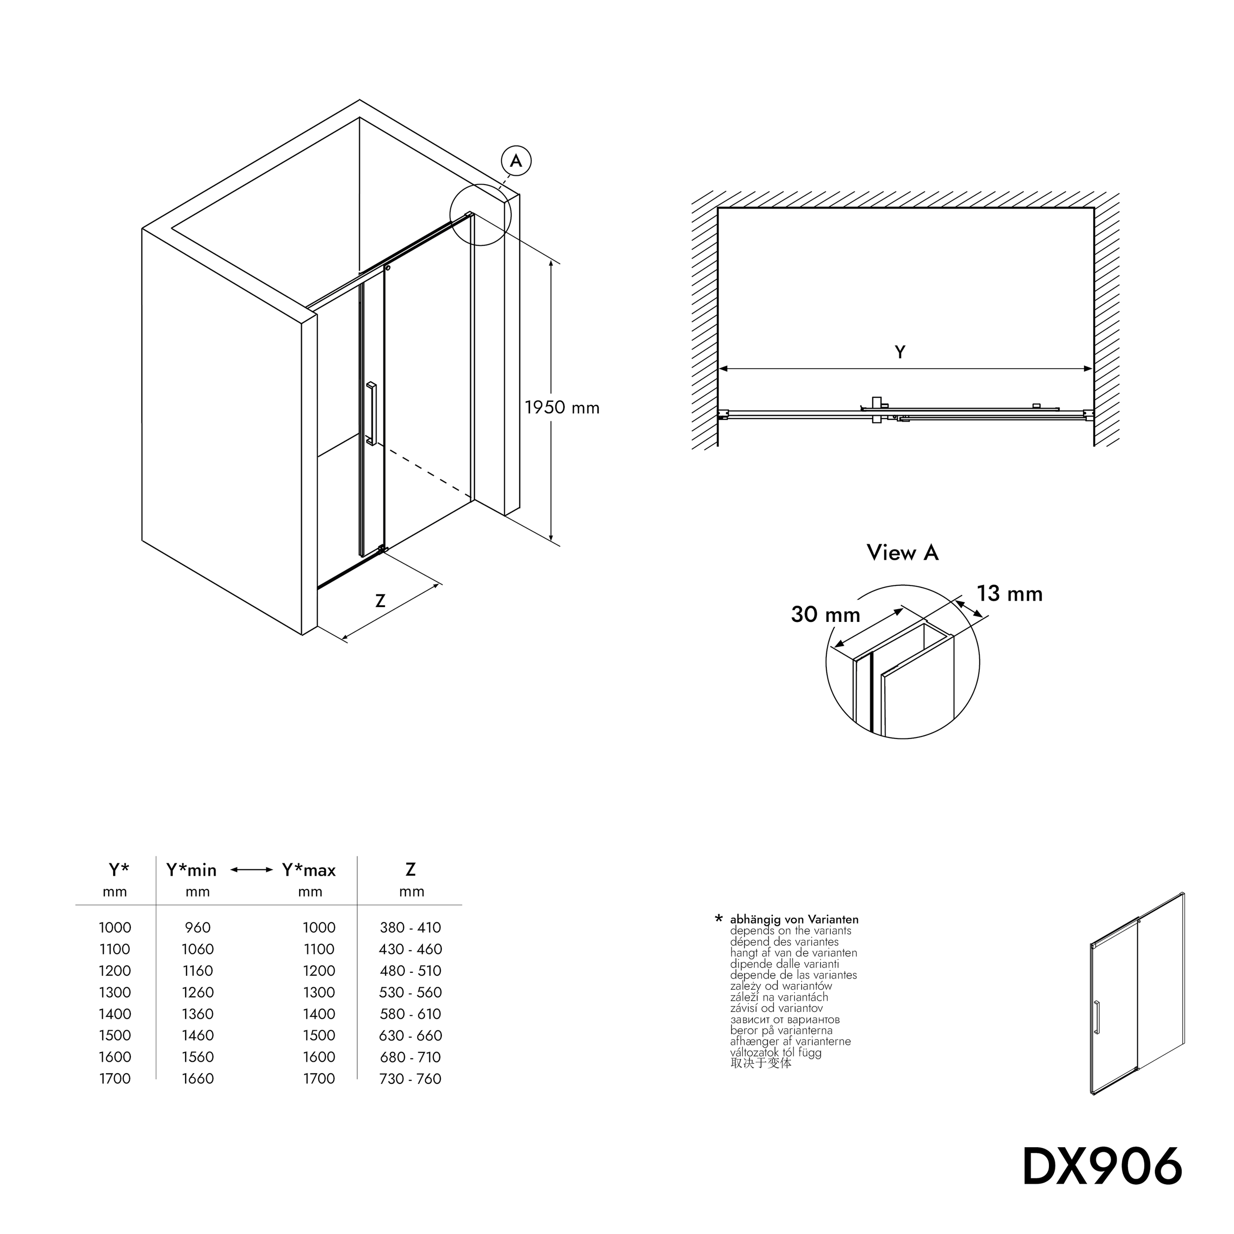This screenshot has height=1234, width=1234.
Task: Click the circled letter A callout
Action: pyautogui.click(x=516, y=160)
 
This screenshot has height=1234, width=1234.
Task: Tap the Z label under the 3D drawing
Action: pyautogui.click(x=380, y=601)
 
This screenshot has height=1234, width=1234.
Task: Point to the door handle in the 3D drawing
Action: pyautogui.click(x=371, y=413)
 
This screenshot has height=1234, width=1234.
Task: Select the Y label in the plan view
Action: pyautogui.click(x=900, y=352)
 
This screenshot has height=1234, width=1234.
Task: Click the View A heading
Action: pyautogui.click(x=902, y=552)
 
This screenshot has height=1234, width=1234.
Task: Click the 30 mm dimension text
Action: pyautogui.click(x=825, y=615)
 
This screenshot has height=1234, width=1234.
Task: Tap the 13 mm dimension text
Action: pyautogui.click(x=1009, y=593)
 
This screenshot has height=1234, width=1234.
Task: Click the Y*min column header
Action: pyautogui.click(x=192, y=870)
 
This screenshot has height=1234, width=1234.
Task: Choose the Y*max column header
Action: pyautogui.click(x=309, y=870)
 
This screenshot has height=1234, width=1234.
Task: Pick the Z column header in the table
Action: pyautogui.click(x=411, y=869)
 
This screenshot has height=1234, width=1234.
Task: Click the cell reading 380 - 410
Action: pyautogui.click(x=410, y=927)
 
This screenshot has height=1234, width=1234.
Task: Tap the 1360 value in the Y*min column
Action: pyautogui.click(x=197, y=1014)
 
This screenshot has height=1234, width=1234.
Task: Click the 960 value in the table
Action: pyautogui.click(x=197, y=927)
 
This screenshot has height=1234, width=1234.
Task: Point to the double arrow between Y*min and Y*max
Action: pyautogui.click(x=252, y=870)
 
